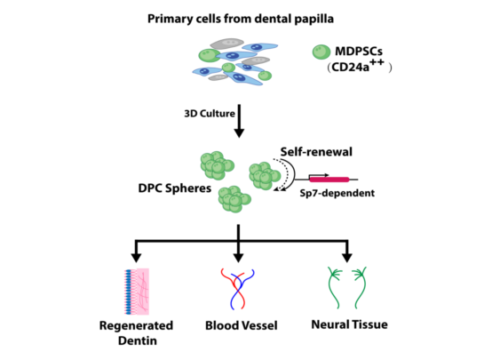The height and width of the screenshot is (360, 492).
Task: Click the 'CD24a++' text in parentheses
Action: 365,68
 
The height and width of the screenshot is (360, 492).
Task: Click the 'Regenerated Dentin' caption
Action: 138,333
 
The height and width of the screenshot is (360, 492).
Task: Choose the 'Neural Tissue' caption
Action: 348,326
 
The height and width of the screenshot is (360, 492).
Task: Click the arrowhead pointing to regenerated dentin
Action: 135,254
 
